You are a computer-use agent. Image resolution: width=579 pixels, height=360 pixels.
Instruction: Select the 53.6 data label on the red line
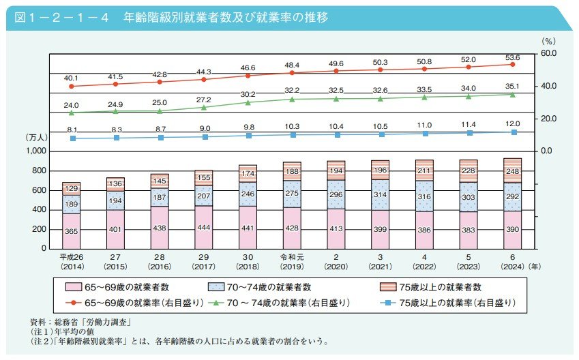(512, 57)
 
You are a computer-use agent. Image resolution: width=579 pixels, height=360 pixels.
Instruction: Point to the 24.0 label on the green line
(72, 106)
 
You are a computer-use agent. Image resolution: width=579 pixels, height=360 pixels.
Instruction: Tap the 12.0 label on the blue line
(512, 124)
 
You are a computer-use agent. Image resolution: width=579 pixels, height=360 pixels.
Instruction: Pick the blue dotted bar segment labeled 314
(379, 194)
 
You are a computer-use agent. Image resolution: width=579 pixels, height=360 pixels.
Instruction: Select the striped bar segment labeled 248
(512, 171)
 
